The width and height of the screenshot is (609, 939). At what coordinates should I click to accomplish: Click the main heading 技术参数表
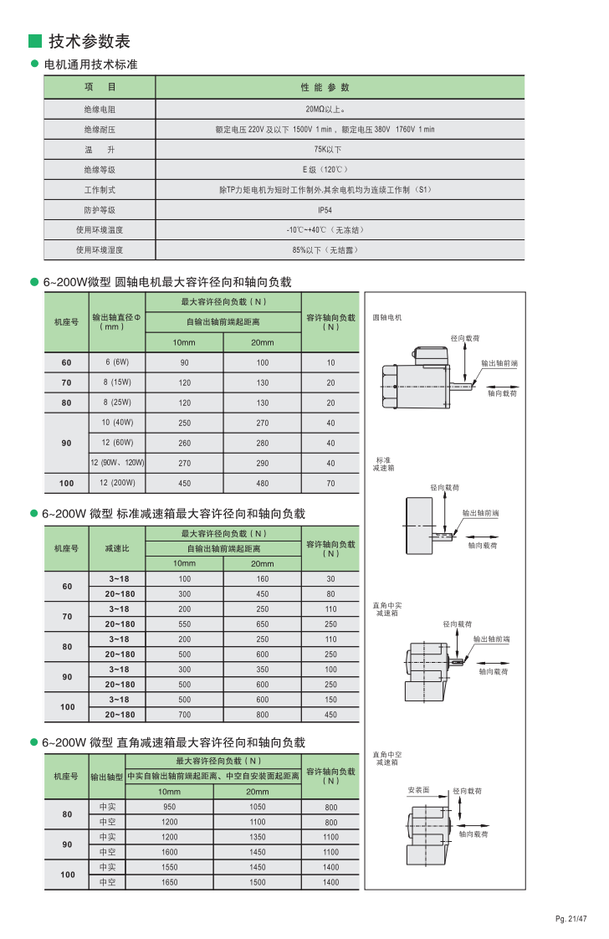point(90,41)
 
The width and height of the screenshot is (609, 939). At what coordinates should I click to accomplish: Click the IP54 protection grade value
point(325,211)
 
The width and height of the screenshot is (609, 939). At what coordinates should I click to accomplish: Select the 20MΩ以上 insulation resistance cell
point(325,110)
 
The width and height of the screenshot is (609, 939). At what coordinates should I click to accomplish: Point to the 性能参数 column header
point(325,87)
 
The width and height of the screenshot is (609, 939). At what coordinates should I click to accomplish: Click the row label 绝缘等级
point(99,170)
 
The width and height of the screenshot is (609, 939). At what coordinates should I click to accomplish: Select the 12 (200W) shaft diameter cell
point(117,483)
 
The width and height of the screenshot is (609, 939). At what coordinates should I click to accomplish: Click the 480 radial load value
point(263,483)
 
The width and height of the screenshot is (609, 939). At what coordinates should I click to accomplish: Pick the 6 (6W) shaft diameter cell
point(117,362)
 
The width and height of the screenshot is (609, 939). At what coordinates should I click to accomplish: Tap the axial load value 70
point(330,483)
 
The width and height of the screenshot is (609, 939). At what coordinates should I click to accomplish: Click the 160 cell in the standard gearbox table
point(263,579)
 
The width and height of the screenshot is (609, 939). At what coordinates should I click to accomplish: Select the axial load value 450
point(330,715)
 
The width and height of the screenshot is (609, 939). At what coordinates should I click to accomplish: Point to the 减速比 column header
point(117,549)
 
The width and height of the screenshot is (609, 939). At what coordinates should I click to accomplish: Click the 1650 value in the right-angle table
point(169,882)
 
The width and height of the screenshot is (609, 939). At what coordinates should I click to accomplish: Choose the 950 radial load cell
point(169,807)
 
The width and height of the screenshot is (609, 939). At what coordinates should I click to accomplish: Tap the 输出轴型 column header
point(106,777)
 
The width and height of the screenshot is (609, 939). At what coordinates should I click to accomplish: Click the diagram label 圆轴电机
point(387,318)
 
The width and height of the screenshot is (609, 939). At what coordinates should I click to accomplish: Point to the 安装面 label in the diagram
point(418,790)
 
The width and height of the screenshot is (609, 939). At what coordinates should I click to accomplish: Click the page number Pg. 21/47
point(571,919)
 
